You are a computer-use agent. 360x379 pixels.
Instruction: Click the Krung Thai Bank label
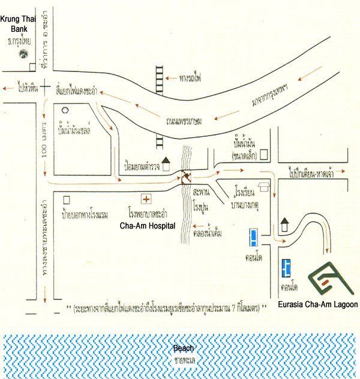tap(18, 23)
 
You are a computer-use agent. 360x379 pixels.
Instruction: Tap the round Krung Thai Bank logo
tap(23, 55)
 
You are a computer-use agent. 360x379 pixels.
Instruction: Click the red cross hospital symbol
tap(145, 198)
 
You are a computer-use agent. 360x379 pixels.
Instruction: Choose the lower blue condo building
tap(287, 266)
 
